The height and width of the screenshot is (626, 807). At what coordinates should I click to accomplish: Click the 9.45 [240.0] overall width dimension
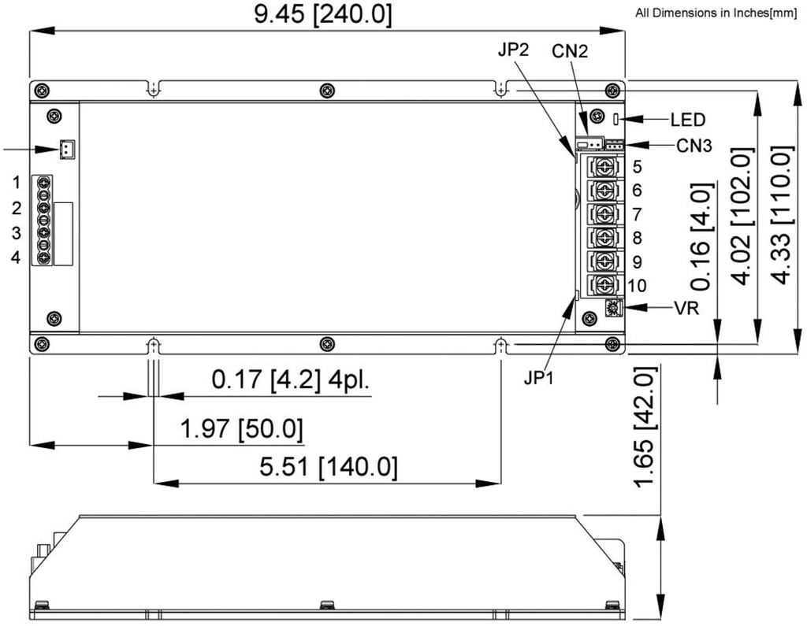point(322,14)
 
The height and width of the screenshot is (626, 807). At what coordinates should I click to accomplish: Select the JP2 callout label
point(513,50)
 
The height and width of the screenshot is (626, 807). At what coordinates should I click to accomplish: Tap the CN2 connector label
point(570,51)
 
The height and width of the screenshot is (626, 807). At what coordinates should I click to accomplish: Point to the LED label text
point(687,120)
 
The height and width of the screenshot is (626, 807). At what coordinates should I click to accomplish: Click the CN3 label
point(694,146)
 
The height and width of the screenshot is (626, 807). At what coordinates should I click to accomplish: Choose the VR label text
point(686,308)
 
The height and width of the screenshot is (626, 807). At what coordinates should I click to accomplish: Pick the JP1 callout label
point(538,378)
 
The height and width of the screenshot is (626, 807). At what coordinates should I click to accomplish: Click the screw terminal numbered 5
point(603,168)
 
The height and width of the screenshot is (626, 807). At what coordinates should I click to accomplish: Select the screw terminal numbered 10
point(603,284)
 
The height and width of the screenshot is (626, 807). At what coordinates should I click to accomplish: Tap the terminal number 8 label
point(637,238)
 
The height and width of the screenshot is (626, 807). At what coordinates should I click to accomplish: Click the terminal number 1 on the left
point(17,182)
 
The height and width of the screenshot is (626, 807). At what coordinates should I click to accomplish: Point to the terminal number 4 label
point(16,257)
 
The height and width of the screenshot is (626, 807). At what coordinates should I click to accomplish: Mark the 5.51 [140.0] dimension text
point(329,467)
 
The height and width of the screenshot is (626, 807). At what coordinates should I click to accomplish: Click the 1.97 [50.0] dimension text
point(242,428)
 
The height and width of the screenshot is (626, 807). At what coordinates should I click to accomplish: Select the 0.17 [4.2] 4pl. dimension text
point(291,380)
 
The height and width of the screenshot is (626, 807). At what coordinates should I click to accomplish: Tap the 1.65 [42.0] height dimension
point(645,427)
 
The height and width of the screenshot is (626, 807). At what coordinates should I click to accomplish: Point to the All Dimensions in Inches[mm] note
point(716,13)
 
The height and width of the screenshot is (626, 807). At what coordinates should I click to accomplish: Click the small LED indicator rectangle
point(615,119)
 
